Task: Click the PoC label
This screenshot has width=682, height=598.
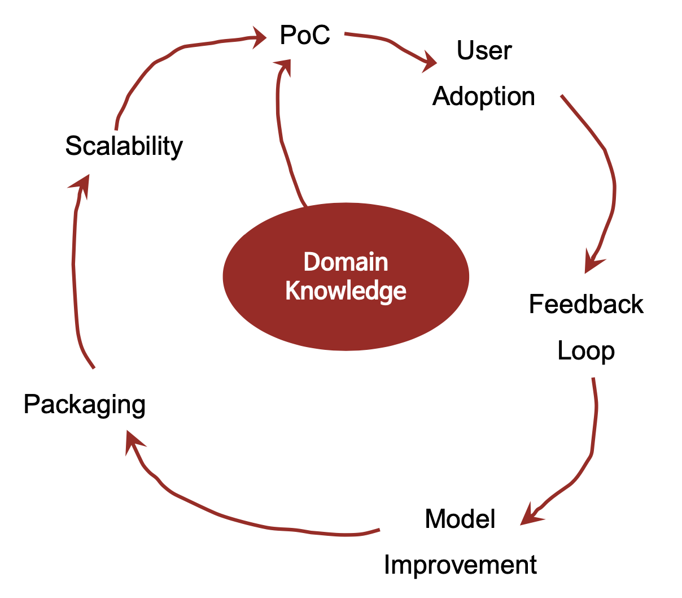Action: point(305,36)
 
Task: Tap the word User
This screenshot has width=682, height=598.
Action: point(484,51)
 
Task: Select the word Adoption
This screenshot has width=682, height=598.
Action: point(484,97)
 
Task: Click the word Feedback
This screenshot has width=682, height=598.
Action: point(586,305)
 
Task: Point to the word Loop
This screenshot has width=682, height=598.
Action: point(586,351)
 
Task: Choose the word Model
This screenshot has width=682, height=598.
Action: point(460,519)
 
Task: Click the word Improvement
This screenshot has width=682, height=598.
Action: point(460,565)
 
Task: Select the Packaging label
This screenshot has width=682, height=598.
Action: point(85,405)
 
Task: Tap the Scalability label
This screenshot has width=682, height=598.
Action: point(124,146)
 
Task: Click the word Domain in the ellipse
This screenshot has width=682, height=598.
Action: point(346,262)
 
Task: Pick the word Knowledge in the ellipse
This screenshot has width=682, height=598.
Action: point(346,291)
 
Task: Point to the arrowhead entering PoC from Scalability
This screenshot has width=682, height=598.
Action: point(260,37)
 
